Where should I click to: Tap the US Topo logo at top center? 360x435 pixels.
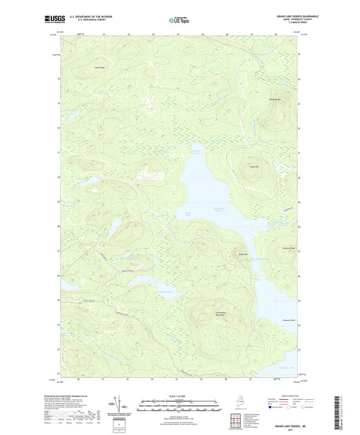179,20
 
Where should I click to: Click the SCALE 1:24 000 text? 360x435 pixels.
180,396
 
